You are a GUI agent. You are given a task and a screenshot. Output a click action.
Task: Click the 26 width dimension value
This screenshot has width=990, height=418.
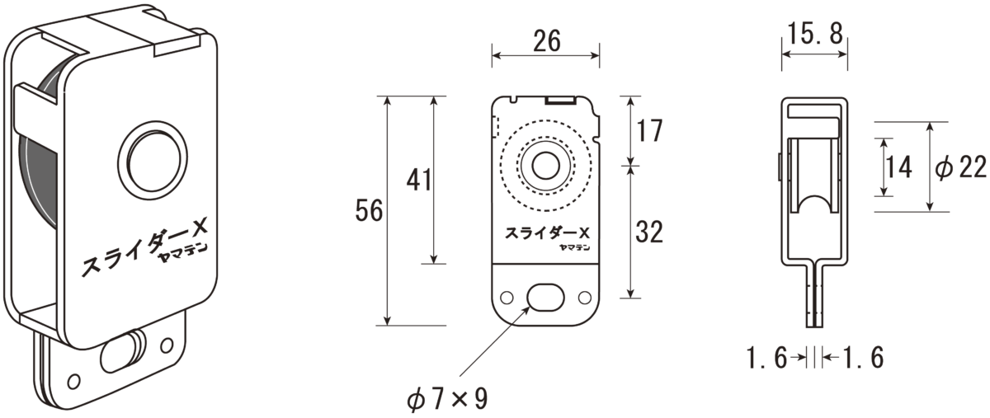click(x=547, y=41)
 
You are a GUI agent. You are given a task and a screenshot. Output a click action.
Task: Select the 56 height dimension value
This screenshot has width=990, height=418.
click(x=369, y=210)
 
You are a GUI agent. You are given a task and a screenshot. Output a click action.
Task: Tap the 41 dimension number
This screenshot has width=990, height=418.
click(x=418, y=181)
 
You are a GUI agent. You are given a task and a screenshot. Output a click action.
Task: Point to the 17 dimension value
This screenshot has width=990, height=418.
click(x=648, y=131)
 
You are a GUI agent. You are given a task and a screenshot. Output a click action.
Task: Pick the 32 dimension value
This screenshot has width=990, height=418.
click(x=649, y=232)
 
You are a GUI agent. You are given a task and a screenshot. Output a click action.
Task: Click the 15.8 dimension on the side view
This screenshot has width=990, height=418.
click(x=815, y=34)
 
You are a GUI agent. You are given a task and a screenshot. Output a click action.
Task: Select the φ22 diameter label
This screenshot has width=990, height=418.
click(x=961, y=167)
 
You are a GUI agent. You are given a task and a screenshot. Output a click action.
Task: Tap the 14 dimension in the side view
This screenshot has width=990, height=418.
click(x=899, y=167)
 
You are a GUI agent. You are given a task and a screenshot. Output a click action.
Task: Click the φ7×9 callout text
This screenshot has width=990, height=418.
click(x=447, y=399)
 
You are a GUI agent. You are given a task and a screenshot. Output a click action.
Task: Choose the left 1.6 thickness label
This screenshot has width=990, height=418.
click(x=766, y=358)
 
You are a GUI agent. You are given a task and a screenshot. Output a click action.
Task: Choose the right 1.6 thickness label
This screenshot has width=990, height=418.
click(x=863, y=358)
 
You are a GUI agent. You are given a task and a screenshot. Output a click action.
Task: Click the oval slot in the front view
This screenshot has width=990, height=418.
click(x=545, y=298)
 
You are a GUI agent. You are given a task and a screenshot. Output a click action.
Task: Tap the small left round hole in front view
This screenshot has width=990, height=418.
click(x=507, y=298)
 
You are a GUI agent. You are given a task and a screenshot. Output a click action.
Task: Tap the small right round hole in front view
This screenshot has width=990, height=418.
click(x=584, y=298)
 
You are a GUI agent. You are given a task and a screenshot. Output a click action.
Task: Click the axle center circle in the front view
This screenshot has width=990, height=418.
click(x=546, y=167)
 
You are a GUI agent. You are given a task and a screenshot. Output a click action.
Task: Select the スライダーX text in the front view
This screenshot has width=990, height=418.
click(x=548, y=232)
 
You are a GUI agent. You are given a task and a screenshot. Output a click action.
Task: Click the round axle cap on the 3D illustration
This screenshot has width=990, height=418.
click(x=153, y=161)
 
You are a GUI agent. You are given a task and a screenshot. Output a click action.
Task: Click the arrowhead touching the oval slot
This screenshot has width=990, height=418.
click(x=526, y=309)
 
